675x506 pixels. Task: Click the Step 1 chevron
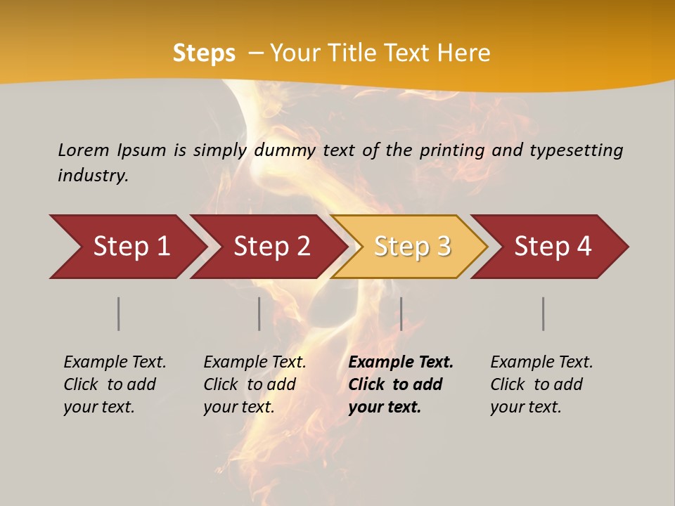(x=130, y=247)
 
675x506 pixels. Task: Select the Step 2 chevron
(x=271, y=247)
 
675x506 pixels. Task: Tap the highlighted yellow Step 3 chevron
(x=411, y=247)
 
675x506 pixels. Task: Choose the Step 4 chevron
(x=552, y=247)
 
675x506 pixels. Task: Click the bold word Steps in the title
(x=204, y=53)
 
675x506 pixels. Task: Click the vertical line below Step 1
(x=119, y=313)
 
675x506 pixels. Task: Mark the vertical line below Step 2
(x=259, y=313)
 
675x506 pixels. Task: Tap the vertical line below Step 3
(x=401, y=313)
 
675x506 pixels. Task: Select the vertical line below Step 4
(x=544, y=313)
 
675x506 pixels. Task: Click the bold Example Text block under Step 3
(x=400, y=384)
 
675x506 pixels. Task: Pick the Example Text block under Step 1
(x=115, y=384)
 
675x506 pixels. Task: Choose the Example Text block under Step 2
(x=255, y=384)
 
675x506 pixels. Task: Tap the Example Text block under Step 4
(x=541, y=384)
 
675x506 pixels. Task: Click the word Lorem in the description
(x=84, y=150)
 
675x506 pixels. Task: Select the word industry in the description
(x=92, y=176)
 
